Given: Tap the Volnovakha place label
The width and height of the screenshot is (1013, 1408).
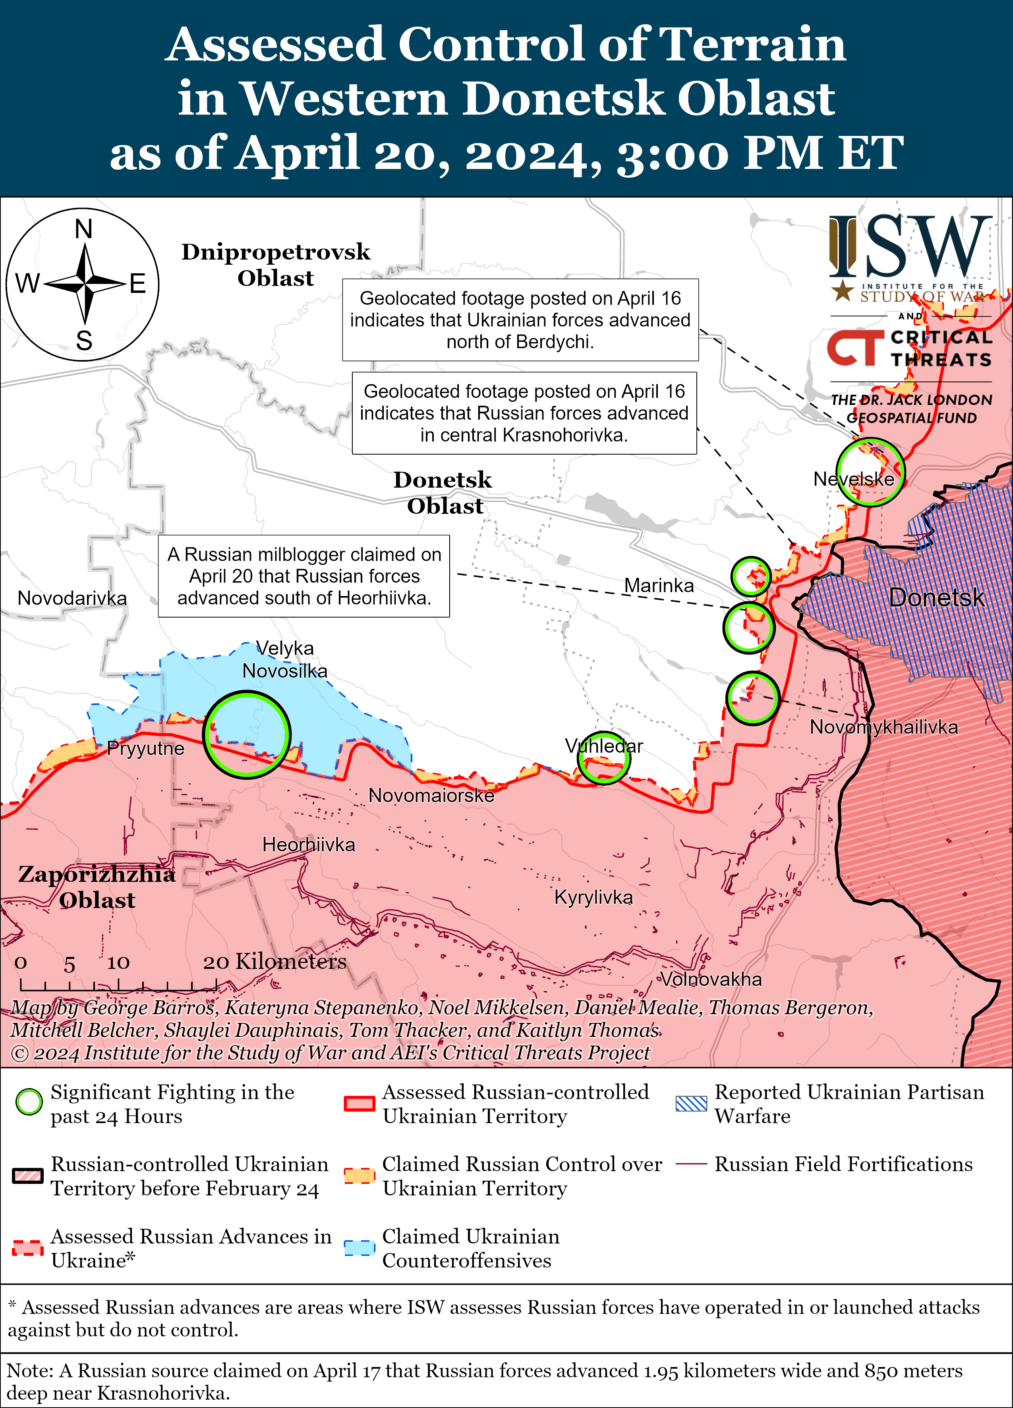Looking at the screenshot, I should pyautogui.click(x=711, y=980).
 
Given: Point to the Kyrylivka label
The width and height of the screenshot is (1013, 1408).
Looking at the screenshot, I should pyautogui.click(x=593, y=897).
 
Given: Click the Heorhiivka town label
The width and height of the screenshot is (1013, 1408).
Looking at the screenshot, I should pyautogui.click(x=309, y=844).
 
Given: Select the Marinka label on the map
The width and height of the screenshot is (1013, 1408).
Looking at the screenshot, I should pyautogui.click(x=659, y=585).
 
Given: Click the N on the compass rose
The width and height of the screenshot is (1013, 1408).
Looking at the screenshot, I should pyautogui.click(x=84, y=230).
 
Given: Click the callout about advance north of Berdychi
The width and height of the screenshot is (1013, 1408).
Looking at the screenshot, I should pyautogui.click(x=520, y=320).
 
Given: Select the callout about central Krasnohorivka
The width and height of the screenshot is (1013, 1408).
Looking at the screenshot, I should pyautogui.click(x=524, y=413).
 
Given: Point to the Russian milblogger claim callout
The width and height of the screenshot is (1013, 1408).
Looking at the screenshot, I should pyautogui.click(x=304, y=576).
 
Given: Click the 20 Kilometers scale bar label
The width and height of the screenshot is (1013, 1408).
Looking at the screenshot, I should pyautogui.click(x=275, y=962).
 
